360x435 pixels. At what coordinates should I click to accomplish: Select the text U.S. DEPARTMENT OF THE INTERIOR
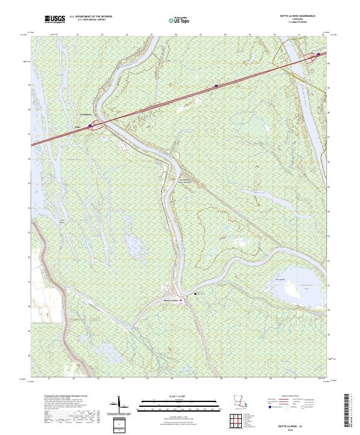click(91, 17)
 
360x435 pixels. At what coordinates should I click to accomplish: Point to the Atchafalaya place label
click(88, 115)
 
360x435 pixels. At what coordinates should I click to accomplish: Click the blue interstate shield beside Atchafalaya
click(91, 126)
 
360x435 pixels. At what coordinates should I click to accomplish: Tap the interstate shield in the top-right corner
click(319, 55)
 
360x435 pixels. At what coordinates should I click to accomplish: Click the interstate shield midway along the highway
click(216, 86)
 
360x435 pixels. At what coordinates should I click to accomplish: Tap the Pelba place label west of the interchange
click(77, 127)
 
